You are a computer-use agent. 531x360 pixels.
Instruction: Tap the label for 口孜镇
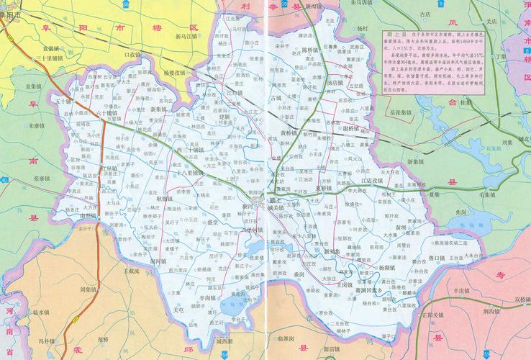133,54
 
